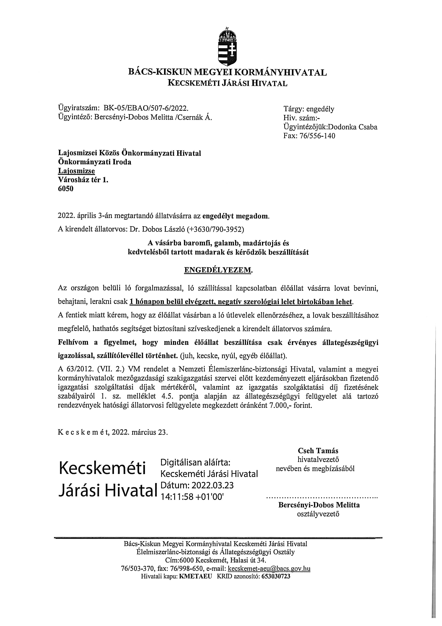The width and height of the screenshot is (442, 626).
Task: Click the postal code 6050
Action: click(x=66, y=189)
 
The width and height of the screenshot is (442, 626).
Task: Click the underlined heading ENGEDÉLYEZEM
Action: click(x=218, y=270)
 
